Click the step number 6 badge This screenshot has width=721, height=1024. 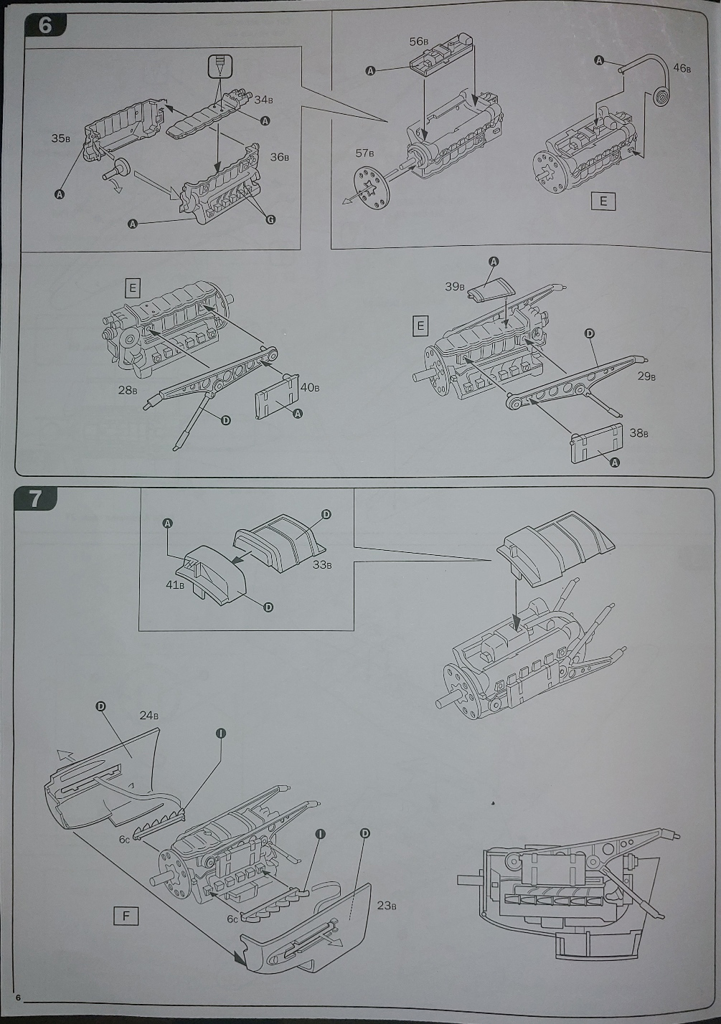44,25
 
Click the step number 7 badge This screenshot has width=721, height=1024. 36,498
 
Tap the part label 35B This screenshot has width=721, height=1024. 61,138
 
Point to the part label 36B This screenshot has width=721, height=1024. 280,157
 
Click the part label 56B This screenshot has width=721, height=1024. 419,42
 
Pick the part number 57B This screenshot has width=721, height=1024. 365,153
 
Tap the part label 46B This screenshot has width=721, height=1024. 682,69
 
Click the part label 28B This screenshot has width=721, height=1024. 128,390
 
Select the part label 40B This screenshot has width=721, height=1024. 310,388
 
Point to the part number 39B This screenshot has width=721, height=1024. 455,286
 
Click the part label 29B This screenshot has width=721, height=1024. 646,376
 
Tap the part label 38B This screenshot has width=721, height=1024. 638,433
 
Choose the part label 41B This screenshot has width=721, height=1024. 175,584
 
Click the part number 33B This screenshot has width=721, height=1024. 322,564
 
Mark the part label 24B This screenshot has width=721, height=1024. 149,715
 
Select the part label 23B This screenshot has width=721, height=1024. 387,905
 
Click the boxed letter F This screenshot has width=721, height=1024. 126,916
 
